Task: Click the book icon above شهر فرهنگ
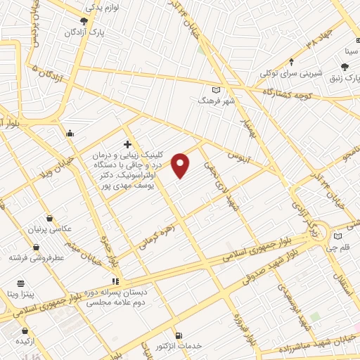click(x=216, y=89)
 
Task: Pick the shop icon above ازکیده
click(x=25, y=330)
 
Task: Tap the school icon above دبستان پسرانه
click(x=116, y=281)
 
